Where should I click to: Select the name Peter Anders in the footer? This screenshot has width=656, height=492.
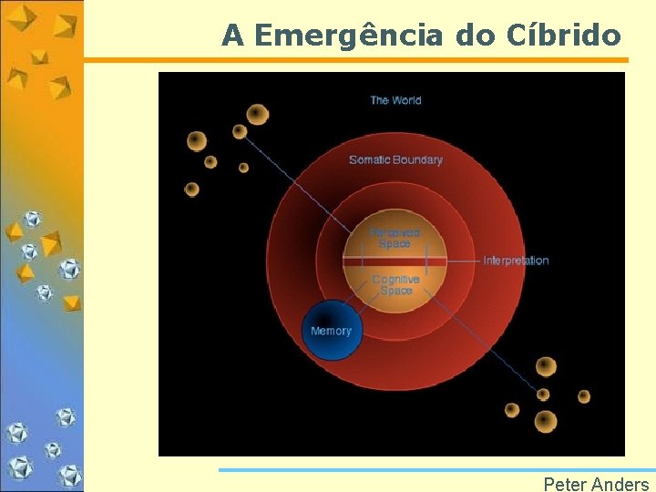(x=596, y=484)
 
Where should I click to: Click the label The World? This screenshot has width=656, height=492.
(x=395, y=100)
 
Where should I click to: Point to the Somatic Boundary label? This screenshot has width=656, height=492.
(x=395, y=159)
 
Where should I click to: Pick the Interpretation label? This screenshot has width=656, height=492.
(x=516, y=261)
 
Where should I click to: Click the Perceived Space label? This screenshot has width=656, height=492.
(x=395, y=238)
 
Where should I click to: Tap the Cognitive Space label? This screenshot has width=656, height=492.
(x=395, y=284)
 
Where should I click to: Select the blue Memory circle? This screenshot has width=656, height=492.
(x=332, y=330)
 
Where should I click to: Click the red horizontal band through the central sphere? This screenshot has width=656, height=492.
(x=395, y=261)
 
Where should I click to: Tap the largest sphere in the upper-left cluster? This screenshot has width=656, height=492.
(x=258, y=114)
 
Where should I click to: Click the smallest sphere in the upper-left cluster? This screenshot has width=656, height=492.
(x=243, y=168)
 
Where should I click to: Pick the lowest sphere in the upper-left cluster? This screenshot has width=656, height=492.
(x=191, y=190)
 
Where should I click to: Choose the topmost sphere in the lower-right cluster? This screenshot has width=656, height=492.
(x=546, y=366)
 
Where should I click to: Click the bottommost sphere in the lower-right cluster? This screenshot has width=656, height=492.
(x=546, y=421)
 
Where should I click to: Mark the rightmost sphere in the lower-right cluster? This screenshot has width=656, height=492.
(x=584, y=396)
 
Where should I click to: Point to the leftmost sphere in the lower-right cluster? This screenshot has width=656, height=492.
(x=512, y=410)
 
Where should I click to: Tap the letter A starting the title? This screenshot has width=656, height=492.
(x=233, y=36)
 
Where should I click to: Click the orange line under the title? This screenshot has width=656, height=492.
(x=355, y=60)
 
